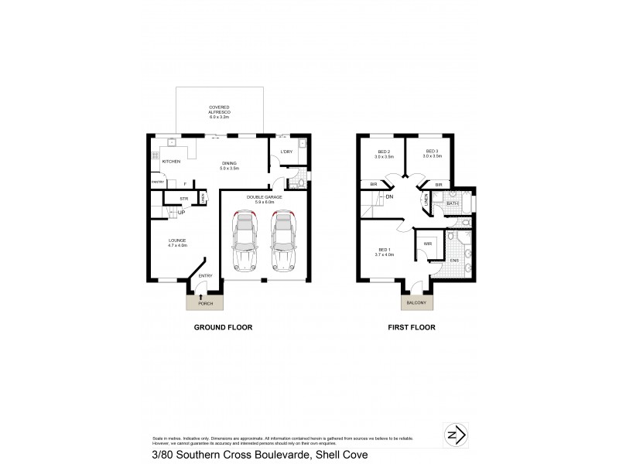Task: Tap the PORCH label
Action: pyautogui.click(x=205, y=303)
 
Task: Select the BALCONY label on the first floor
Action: pyautogui.click(x=416, y=303)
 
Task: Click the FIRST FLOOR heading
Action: pyautogui.click(x=412, y=328)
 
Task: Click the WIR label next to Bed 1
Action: pyautogui.click(x=427, y=243)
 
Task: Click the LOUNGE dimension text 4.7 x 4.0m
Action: pyautogui.click(x=177, y=245)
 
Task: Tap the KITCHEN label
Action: pyautogui.click(x=172, y=161)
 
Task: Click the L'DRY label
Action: pyautogui.click(x=286, y=152)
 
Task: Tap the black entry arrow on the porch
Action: pyautogui.click(x=201, y=295)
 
